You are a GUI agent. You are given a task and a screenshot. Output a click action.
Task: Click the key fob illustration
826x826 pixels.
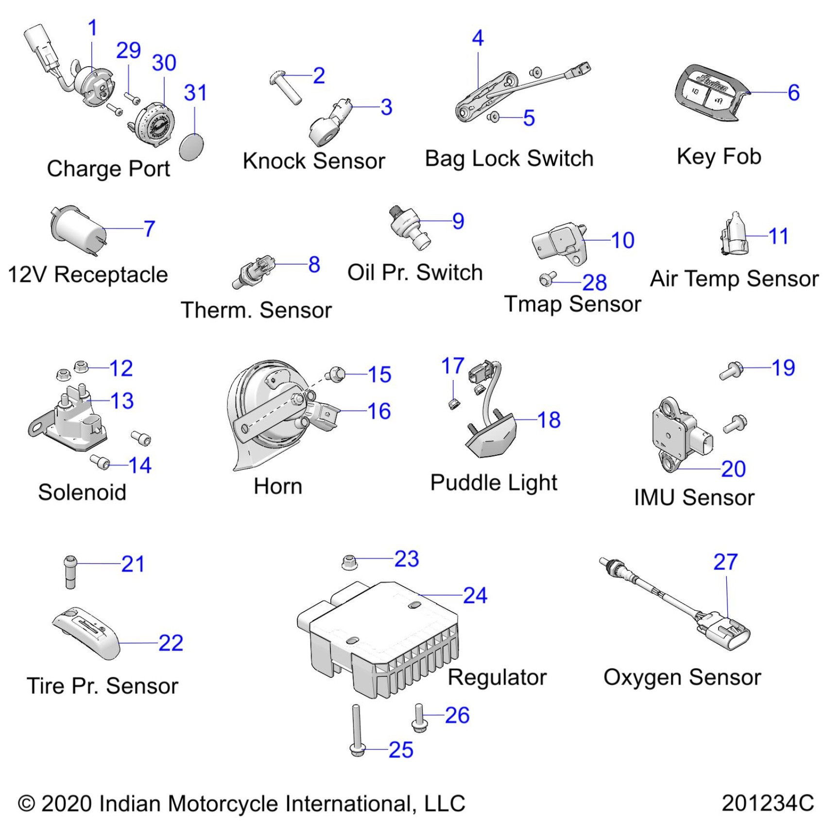coord(709,92)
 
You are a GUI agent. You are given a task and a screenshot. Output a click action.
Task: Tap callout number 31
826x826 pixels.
coord(195,92)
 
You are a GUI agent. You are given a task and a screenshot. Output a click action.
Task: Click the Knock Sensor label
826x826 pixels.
coord(314,161)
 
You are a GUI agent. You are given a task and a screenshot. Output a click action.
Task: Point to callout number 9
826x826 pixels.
coord(458,221)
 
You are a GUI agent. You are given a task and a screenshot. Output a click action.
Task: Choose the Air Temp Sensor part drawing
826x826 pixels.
coord(735,236)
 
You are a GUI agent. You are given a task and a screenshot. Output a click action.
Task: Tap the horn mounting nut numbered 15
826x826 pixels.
coord(336,374)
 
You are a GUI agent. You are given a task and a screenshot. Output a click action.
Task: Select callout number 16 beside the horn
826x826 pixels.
coord(379,411)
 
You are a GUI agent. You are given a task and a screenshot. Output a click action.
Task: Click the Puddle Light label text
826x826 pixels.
coord(494,482)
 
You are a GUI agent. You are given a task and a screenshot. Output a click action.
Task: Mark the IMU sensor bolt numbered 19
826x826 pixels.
coord(732,371)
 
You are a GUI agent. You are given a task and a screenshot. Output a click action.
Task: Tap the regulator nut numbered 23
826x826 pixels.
coord(349,562)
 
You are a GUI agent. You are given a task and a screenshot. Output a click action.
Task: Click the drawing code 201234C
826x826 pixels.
coord(768,803)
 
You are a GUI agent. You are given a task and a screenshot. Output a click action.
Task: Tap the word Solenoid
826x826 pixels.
coord(82,492)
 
